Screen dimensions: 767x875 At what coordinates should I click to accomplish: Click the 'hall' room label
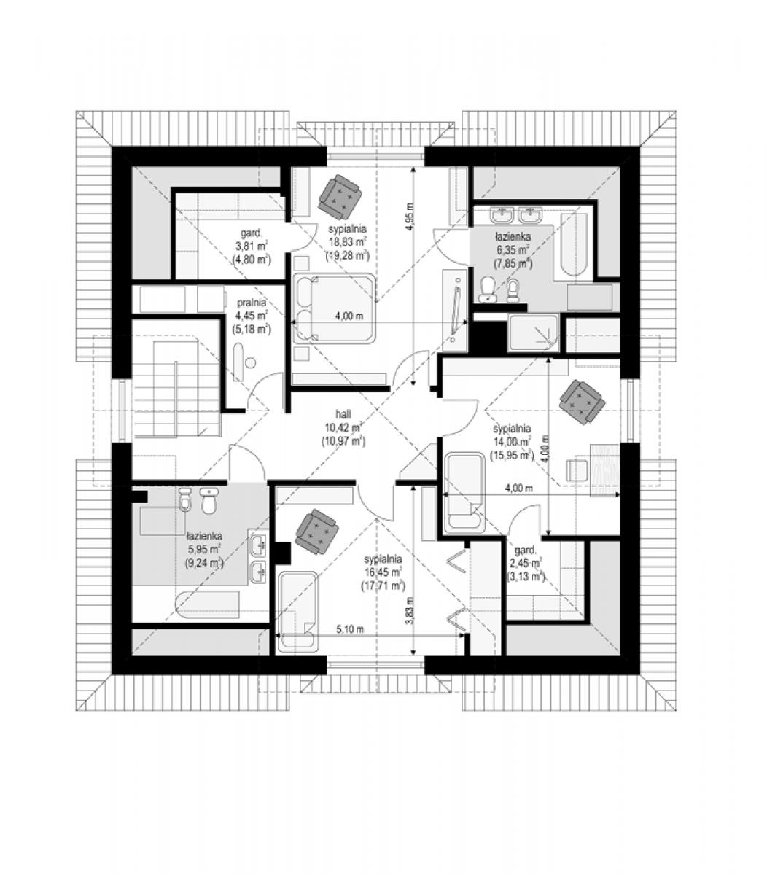343,414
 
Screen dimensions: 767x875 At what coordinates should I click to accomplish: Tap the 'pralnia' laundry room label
251,303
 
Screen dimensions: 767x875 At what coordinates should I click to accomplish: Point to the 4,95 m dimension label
410,219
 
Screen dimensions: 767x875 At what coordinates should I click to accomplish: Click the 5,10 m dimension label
350,629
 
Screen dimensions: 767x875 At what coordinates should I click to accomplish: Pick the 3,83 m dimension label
410,611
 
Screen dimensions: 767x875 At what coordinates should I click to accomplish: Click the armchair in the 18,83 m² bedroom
340,195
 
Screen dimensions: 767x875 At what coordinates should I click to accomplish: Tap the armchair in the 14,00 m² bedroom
581,401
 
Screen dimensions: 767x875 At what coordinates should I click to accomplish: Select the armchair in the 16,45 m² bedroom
316,532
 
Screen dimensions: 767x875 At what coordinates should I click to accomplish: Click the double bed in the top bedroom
334,308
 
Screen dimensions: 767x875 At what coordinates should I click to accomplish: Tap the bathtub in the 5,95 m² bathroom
208,607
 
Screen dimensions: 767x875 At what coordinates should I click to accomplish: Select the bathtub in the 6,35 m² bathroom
574,244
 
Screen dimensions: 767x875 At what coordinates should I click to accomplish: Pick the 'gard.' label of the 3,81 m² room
252,233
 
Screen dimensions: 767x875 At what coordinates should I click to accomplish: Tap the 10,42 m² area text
343,427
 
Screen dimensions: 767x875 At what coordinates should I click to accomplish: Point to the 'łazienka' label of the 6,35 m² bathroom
513,237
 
